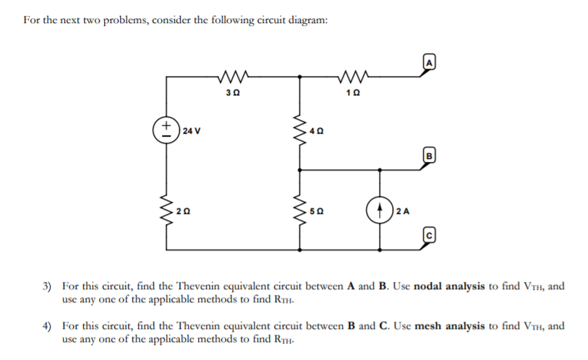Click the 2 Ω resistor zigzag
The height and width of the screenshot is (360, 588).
(167, 211)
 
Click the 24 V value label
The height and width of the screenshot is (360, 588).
(192, 132)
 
